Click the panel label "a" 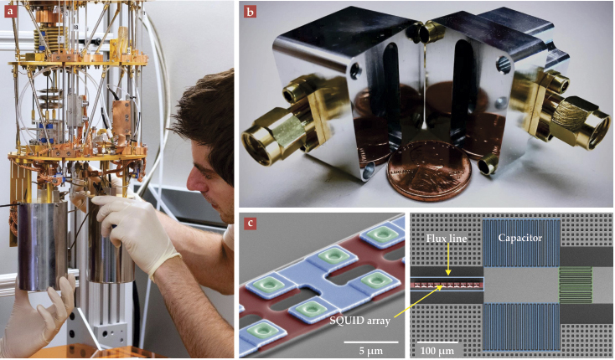pyautogui.click(x=9, y=11)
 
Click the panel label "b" pyautogui.click(x=250, y=12)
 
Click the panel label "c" pyautogui.click(x=250, y=224)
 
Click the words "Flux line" pyautogui.click(x=447, y=238)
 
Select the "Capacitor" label pyautogui.click(x=520, y=238)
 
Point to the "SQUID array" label pyautogui.click(x=359, y=321)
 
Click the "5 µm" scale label pyautogui.click(x=370, y=351)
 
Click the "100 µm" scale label pyautogui.click(x=437, y=351)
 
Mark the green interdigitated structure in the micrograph pyautogui.click(x=575, y=285)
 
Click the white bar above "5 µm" pyautogui.click(x=370, y=342)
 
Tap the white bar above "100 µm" pyautogui.click(x=437, y=342)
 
